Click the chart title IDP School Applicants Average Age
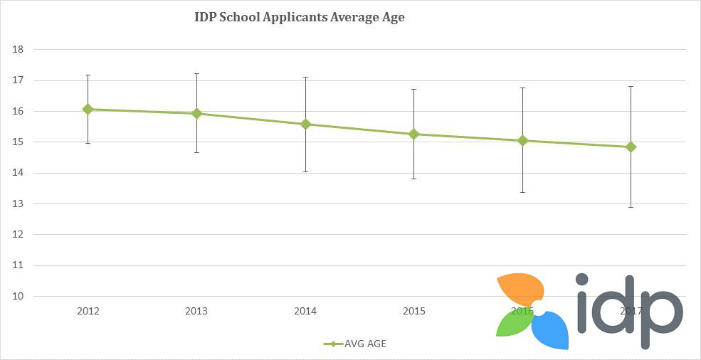coord(299,17)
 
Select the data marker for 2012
coord(88,110)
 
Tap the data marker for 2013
coord(196,114)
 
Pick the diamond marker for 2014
coord(306,124)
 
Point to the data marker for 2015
coord(413,134)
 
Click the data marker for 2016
coord(523,140)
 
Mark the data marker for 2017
coord(631,147)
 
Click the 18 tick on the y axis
coord(19,50)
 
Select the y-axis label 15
coord(19,142)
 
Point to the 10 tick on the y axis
coord(19,297)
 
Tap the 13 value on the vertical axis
coord(19,204)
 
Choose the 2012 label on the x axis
coord(88,312)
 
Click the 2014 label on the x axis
coord(306,312)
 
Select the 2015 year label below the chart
coord(414,312)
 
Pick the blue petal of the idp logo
coord(552,331)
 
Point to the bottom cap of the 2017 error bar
coord(631,207)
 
